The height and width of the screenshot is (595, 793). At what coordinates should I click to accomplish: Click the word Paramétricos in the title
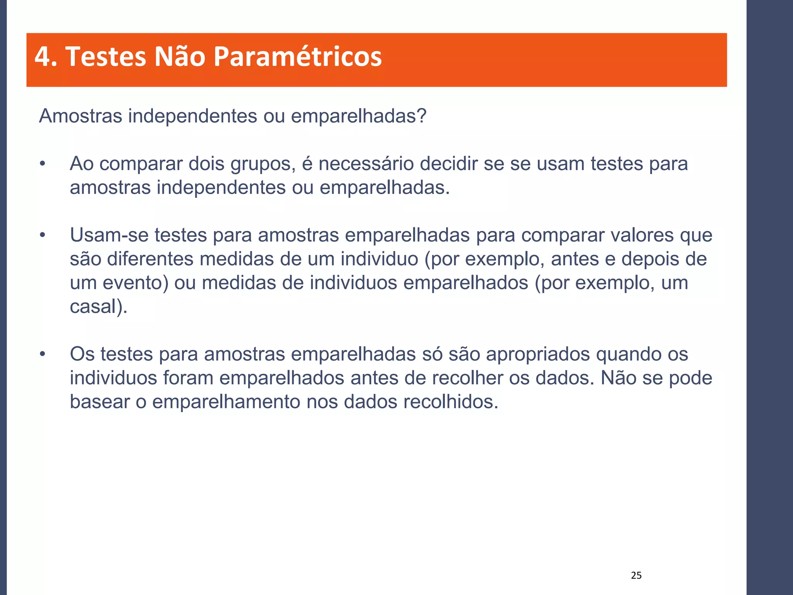297,57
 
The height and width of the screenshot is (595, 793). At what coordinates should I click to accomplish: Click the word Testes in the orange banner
106,57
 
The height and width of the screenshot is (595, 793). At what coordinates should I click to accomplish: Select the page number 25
636,576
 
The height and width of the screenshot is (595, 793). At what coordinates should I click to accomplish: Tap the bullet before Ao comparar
43,164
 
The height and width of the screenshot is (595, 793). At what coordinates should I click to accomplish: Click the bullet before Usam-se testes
43,236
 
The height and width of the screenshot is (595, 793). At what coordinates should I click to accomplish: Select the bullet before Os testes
43,354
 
